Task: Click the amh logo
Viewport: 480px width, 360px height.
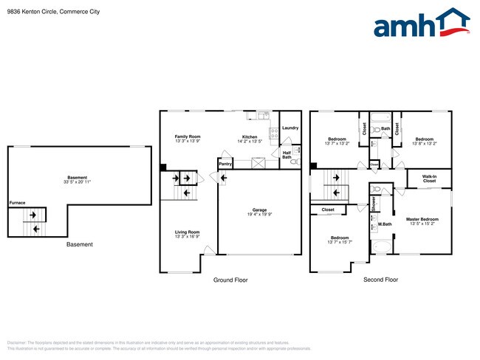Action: click(421, 24)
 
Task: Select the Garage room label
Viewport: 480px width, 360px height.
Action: click(259, 210)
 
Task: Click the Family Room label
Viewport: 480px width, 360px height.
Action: click(188, 136)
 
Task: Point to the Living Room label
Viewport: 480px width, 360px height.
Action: click(188, 232)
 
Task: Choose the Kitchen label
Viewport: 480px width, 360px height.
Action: click(250, 136)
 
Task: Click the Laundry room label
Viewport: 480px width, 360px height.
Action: click(289, 128)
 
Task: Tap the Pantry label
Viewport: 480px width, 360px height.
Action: click(225, 164)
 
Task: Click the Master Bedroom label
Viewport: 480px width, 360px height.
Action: click(423, 219)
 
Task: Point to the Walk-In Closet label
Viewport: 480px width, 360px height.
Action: click(429, 178)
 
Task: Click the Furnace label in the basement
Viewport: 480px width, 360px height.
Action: click(17, 202)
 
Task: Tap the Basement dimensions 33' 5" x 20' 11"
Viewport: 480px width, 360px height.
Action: click(78, 182)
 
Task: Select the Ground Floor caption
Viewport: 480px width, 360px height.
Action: click(230, 280)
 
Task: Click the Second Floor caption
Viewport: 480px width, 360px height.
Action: click(380, 280)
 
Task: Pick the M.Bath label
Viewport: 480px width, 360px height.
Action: click(385, 224)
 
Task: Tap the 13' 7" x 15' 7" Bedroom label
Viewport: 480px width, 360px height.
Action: click(340, 239)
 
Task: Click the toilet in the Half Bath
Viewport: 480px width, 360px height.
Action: click(295, 160)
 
